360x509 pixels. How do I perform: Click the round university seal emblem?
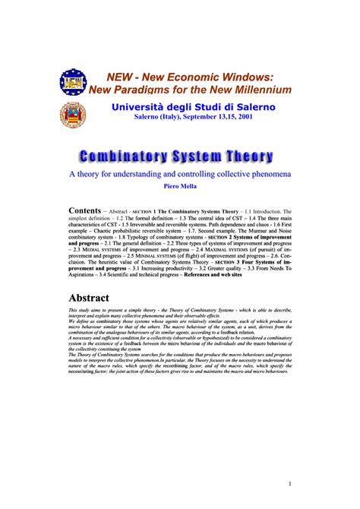73,115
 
